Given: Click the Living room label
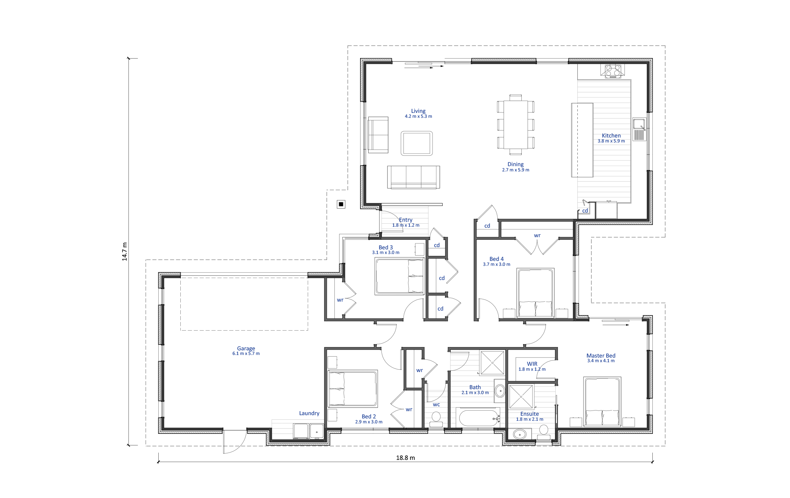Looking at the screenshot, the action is coord(418,111).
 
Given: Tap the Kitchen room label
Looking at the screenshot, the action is coord(611,136).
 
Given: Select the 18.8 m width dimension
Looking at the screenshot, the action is coord(406,458).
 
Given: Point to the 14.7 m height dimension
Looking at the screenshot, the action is coord(124,252).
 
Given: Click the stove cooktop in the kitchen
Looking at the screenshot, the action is coord(613,71).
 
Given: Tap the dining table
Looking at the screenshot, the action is coord(515,125).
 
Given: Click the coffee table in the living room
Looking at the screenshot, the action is coord(417,143).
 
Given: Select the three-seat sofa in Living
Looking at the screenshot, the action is coord(413,177).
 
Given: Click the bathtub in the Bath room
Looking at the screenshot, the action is coord(479,417).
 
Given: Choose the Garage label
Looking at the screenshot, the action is coord(246,348).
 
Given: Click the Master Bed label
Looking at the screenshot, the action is coord(601,356).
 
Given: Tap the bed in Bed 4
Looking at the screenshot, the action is coord(536,293).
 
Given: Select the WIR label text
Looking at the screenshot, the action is coord(532,364).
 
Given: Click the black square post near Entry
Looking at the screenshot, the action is coord(341,204).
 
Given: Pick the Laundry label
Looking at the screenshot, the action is coord(309,413).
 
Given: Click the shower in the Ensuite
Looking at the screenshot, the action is coord(521,397).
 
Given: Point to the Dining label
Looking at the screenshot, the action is coord(515,164).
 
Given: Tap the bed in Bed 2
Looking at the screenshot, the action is coord(353,388).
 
